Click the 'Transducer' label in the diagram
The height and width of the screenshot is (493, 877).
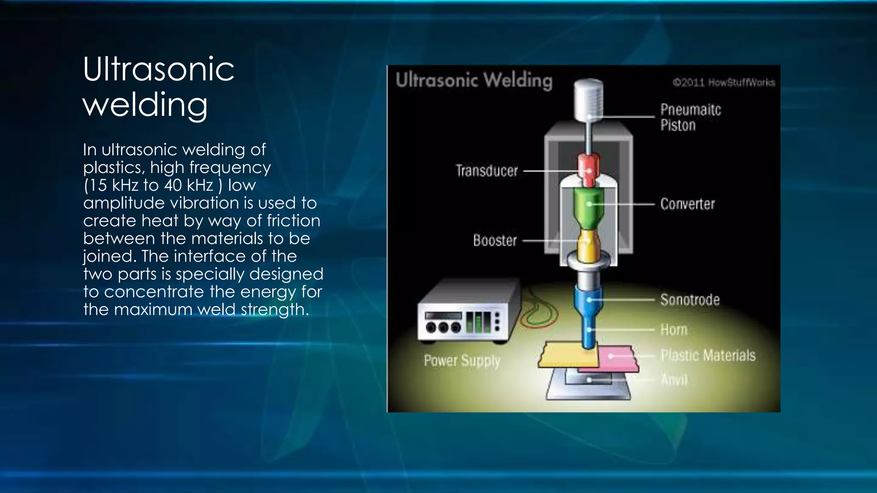(486, 171)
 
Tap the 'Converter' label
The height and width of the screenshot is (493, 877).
(687, 204)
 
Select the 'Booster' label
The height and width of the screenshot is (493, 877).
(495, 241)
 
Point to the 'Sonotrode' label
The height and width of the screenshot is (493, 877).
(689, 300)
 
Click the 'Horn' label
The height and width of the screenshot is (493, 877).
(674, 330)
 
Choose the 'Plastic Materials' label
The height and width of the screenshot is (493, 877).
(707, 355)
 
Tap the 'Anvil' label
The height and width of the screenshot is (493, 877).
(674, 379)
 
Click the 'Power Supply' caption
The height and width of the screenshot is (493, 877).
(462, 361)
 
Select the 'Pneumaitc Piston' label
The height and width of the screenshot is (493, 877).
(690, 117)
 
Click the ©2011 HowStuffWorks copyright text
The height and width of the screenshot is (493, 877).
(723, 82)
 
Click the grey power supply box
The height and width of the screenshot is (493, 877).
(462, 315)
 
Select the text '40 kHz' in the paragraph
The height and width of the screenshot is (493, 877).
(188, 185)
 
